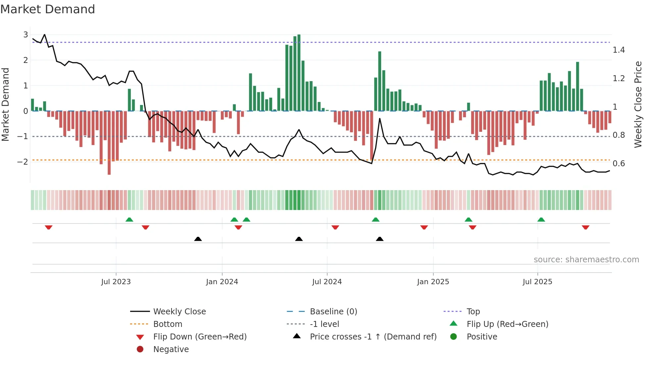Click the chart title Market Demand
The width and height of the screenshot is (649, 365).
(48, 9)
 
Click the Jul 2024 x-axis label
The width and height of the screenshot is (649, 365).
(327, 282)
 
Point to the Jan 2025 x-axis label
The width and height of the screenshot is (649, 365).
(433, 282)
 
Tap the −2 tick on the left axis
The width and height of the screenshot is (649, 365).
(23, 162)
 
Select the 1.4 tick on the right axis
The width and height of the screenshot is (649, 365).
(619, 50)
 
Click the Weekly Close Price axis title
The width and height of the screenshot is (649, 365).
(638, 104)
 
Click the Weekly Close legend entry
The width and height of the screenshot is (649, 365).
(179, 312)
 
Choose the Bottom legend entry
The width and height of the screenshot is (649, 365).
(168, 324)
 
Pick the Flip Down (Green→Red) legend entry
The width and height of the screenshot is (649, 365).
(200, 337)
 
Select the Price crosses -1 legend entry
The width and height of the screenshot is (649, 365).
(373, 337)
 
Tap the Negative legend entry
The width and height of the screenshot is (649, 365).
(171, 349)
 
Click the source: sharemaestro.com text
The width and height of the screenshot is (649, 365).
(586, 260)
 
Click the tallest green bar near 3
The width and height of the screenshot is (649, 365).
(299, 73)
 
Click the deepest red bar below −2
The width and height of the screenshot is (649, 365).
(109, 142)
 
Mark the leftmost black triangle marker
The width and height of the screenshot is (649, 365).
(198, 239)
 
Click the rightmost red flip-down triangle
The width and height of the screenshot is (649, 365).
(585, 227)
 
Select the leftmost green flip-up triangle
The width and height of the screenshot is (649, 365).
(129, 220)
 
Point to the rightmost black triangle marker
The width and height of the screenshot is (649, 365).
(380, 239)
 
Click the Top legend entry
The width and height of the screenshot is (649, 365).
(473, 312)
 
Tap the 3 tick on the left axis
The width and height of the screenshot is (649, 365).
(25, 35)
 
